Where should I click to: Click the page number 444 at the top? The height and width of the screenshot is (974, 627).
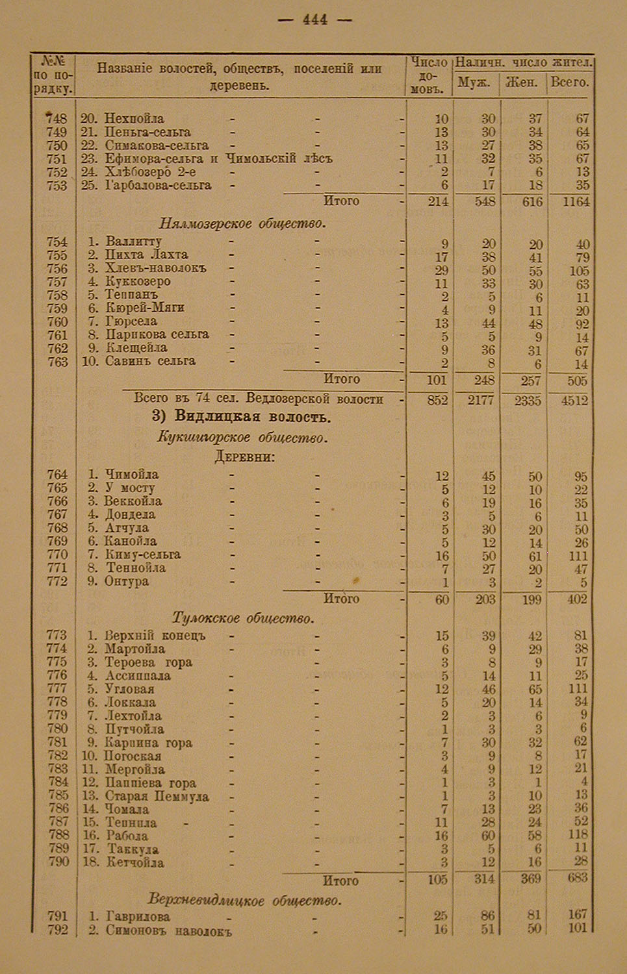315,20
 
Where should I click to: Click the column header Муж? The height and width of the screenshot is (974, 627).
474,82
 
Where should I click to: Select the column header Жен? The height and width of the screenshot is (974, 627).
524,82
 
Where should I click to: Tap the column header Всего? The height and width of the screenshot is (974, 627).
570,82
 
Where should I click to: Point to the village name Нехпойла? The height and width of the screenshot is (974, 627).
134,119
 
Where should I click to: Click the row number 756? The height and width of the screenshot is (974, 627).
57,268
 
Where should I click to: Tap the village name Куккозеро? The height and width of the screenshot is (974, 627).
138,282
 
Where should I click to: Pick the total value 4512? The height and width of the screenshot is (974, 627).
573,401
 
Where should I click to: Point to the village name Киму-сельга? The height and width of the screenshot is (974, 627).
143,555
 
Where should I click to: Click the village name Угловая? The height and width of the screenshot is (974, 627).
130,689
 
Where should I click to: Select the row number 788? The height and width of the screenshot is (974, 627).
58,836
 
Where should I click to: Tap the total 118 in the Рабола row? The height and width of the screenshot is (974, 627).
576,836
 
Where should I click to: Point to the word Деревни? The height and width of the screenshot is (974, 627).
244,457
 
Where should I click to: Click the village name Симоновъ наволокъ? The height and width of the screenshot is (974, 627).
168,931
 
